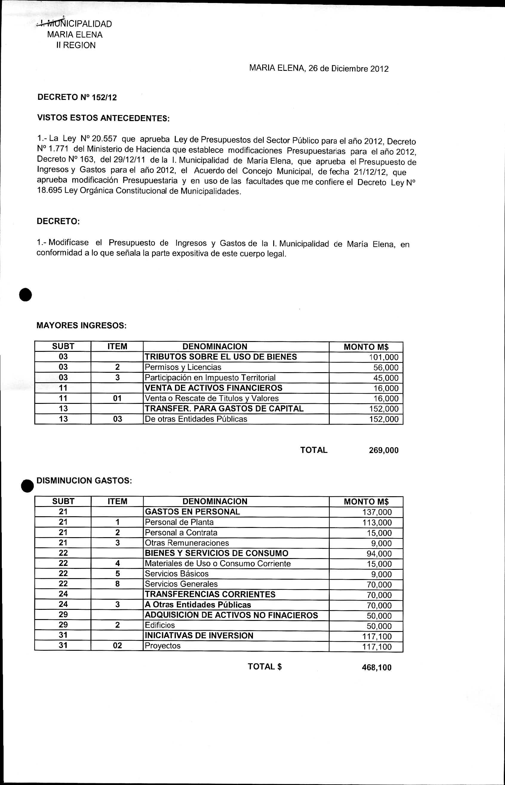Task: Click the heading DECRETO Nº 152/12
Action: pos(77,97)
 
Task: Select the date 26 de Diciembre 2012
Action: pos(348,68)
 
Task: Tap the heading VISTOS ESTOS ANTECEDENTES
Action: pos(103,118)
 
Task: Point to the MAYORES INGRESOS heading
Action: pos(81,326)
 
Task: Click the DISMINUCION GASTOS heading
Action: pos(84,480)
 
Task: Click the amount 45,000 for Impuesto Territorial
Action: pos(386,378)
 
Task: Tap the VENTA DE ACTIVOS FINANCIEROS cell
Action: pos(214,388)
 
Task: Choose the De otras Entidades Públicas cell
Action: pos(196,419)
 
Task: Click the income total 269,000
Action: pos(384,450)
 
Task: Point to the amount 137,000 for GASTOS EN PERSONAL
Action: pos(377,512)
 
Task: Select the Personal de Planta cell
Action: pos(179,522)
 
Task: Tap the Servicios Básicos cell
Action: pos(177,574)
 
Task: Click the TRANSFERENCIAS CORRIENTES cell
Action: pos(210,594)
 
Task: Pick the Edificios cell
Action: pos(160,625)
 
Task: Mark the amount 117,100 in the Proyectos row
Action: pos(377,647)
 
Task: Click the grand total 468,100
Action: pos(377,668)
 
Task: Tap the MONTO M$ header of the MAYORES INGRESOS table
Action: pos(366,347)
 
